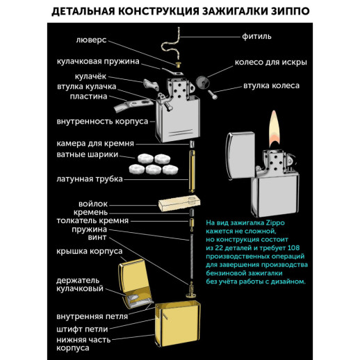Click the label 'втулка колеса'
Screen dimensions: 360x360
(x=271, y=85)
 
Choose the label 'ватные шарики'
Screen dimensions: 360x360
(x=86, y=155)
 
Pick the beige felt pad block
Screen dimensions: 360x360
(x=179, y=205)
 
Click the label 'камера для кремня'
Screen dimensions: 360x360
(x=91, y=142)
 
